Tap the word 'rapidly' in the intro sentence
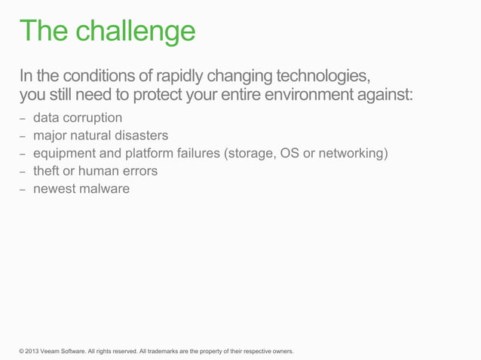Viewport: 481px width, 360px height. [x=181, y=77]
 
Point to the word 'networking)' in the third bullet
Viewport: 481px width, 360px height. [x=353, y=154]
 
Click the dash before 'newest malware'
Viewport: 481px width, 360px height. [x=23, y=190]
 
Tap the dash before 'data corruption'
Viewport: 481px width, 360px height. [x=23, y=120]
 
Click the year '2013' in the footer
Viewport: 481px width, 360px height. [x=34, y=351]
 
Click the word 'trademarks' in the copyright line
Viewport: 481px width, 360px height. [x=163, y=351]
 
